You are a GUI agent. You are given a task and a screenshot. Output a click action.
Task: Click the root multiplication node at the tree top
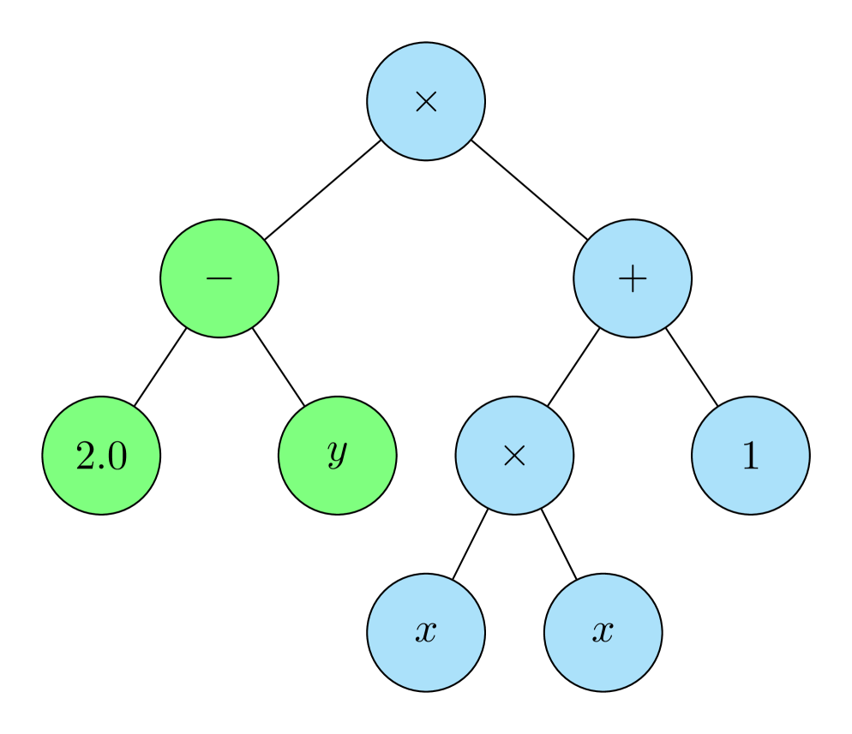point(426,101)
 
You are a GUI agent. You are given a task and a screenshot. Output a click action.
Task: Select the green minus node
point(219,278)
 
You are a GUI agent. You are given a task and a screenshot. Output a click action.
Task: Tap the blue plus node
point(633,278)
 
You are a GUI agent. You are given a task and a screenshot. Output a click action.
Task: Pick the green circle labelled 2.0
point(101,456)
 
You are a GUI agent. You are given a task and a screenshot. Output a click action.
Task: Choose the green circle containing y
point(338,456)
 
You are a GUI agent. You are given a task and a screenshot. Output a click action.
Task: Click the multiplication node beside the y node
point(514,456)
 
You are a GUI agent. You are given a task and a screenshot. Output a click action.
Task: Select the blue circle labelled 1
point(751,456)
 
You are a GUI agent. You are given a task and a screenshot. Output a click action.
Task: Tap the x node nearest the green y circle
point(426,633)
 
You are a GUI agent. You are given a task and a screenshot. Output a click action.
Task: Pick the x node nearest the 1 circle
point(603,633)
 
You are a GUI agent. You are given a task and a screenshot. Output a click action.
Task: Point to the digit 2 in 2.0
point(87,457)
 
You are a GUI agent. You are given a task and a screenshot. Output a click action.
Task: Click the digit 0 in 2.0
point(117,457)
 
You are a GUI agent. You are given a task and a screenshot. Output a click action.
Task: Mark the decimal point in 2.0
point(102,468)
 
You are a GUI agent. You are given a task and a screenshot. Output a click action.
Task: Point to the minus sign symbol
point(219,278)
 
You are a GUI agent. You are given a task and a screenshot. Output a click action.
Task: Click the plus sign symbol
point(633,279)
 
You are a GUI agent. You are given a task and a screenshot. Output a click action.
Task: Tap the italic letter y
point(337,455)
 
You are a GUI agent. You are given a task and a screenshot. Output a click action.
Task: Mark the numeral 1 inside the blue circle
point(751,457)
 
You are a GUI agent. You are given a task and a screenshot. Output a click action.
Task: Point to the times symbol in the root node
point(426,102)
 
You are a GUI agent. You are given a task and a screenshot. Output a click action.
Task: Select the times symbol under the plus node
point(514,457)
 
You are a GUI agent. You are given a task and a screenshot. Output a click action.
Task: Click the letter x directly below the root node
point(426,633)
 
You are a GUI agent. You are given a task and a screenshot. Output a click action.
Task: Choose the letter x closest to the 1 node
point(603,633)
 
